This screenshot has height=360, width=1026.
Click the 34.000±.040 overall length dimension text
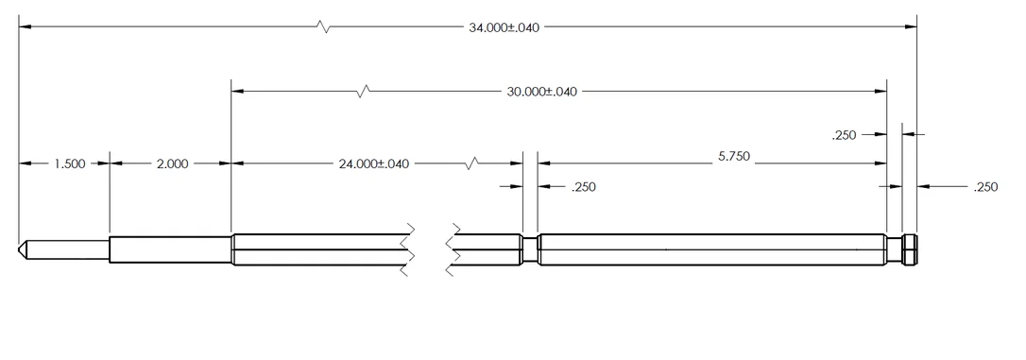pos(504,27)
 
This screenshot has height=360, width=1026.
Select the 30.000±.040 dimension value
pos(541,92)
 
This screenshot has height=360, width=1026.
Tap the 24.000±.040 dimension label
pos(373,163)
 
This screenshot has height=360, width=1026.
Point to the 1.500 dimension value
pos(69,163)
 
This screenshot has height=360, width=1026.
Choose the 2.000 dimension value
pos(172,163)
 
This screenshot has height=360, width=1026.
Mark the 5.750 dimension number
pos(733,157)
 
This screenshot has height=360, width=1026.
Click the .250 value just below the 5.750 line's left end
pos(584,187)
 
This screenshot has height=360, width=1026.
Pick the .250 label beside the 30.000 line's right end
pos(844,135)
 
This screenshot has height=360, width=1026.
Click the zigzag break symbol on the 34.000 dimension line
pos(322,26)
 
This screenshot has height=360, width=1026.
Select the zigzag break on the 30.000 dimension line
pos(363,92)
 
